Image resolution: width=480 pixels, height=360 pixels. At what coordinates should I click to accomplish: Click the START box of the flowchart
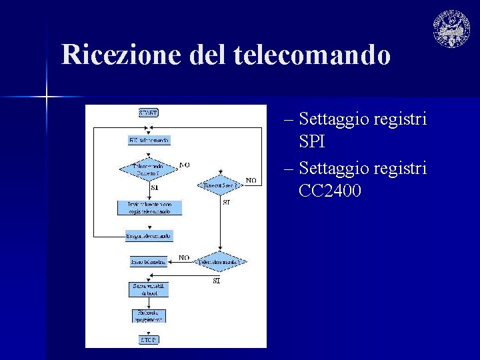[148, 113]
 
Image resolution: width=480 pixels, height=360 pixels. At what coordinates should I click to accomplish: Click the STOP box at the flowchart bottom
[149, 339]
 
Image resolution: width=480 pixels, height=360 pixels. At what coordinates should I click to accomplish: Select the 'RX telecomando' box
[149, 140]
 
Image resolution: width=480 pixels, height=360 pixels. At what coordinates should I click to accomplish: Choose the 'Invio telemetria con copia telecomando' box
[149, 207]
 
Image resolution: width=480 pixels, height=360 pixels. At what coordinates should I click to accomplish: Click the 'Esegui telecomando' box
[149, 235]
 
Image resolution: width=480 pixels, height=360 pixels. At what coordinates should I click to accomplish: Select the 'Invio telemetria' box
[149, 262]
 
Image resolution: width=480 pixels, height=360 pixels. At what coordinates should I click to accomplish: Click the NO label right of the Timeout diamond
[251, 180]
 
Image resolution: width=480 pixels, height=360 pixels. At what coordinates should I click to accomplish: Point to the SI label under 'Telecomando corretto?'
[155, 188]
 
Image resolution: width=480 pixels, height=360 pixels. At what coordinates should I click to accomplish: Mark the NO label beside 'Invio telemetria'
[184, 257]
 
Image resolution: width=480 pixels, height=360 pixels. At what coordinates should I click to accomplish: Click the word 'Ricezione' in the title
[122, 55]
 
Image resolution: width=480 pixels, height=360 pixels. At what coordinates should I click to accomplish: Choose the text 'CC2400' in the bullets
[331, 191]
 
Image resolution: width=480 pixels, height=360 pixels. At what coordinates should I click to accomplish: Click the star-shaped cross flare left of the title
[46, 98]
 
